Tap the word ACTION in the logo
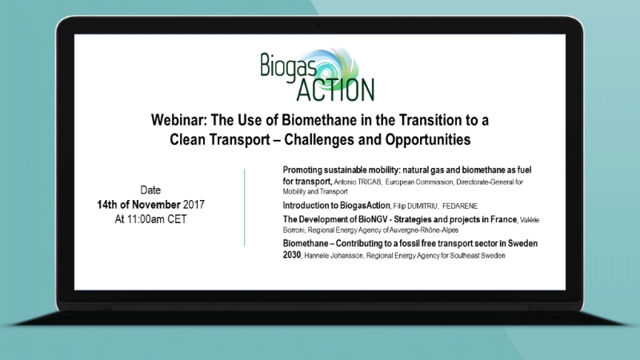click(x=335, y=90)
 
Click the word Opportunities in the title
click(x=428, y=139)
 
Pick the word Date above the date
click(x=150, y=190)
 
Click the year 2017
click(x=194, y=205)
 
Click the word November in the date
click(x=156, y=205)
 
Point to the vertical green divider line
click(x=245, y=207)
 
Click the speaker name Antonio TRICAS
click(x=358, y=182)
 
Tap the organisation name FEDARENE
click(x=459, y=206)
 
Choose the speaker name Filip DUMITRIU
click(x=415, y=206)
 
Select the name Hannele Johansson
click(x=334, y=256)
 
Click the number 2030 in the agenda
click(x=292, y=255)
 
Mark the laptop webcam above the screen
click(x=320, y=26)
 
